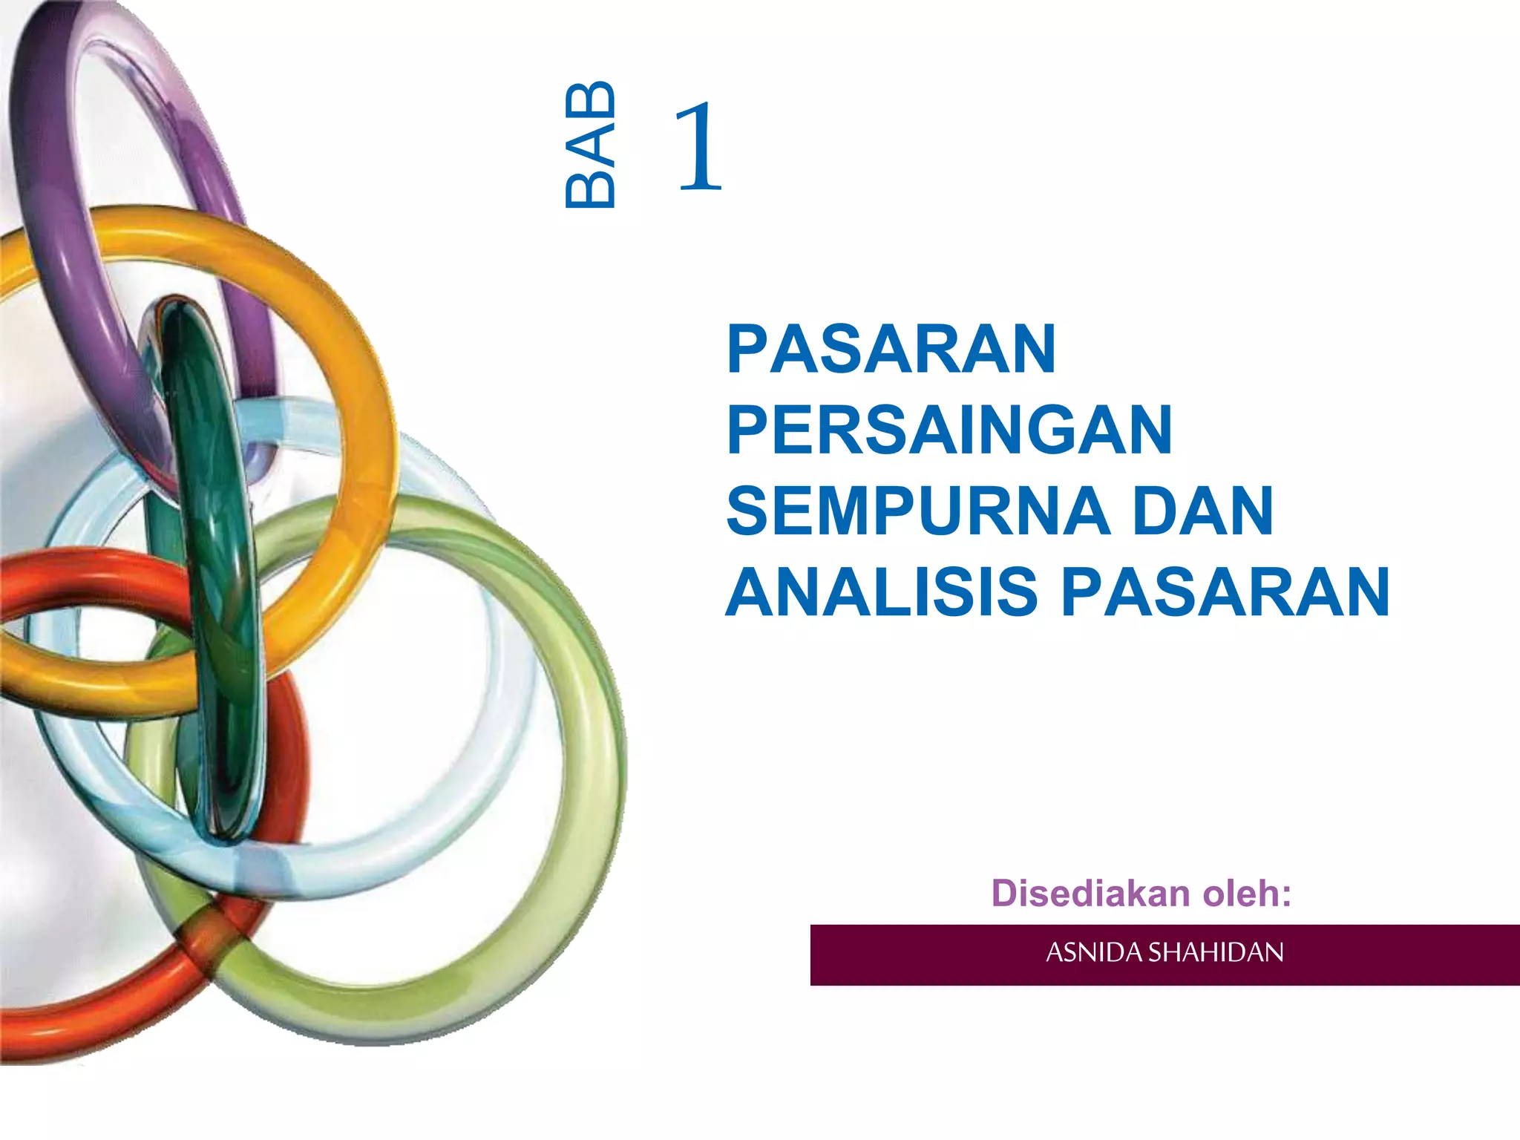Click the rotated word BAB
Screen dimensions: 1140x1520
point(591,145)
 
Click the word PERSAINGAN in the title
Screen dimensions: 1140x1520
point(949,430)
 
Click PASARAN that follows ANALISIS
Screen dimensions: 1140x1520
point(1225,592)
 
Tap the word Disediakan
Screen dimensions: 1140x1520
point(1091,893)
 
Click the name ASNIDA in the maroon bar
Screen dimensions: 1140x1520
point(1094,952)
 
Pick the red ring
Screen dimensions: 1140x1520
point(89,1017)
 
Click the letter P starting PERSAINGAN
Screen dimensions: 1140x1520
point(744,430)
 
